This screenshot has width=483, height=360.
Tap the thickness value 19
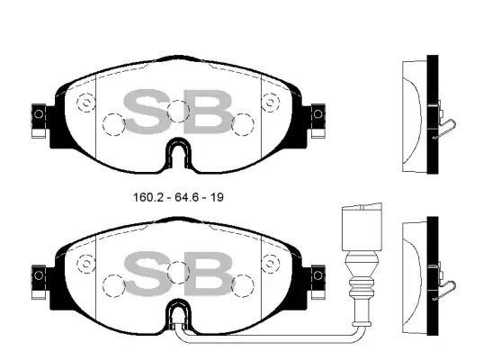[x=217, y=197]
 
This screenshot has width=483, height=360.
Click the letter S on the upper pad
[x=147, y=112]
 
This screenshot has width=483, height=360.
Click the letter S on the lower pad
[x=147, y=273]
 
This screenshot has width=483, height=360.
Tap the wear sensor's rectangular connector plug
[x=362, y=227]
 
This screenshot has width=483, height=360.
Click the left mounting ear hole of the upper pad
[x=39, y=114]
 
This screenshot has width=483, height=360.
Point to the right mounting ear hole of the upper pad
[x=318, y=114]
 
